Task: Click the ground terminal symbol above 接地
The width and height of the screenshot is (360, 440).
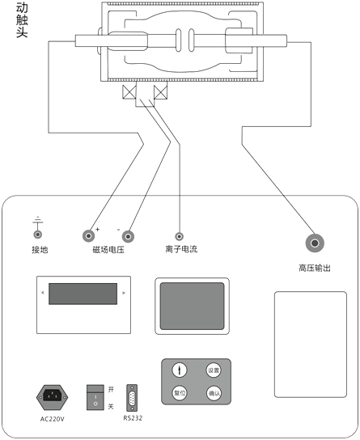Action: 37,222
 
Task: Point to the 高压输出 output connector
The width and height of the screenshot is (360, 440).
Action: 314,242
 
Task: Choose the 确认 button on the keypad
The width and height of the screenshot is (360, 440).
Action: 214,393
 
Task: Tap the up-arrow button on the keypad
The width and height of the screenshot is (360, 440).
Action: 180,370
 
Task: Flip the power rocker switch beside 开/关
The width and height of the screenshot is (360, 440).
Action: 95,396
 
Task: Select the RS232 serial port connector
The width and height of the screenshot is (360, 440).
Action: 133,397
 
